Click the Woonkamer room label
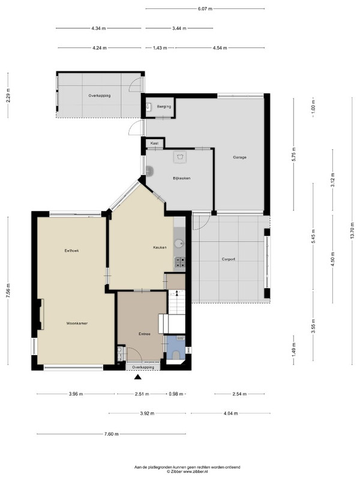click(x=77, y=323)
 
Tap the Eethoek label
click(x=71, y=250)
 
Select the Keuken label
click(x=160, y=247)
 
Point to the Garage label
click(x=239, y=157)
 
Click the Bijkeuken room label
click(x=182, y=178)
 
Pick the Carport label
click(x=229, y=259)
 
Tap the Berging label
click(x=164, y=107)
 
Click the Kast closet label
click(x=155, y=143)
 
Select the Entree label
click(x=145, y=334)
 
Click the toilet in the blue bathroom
click(x=176, y=355)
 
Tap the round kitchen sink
click(x=179, y=244)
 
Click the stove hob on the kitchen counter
click(x=179, y=262)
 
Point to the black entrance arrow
click(x=138, y=377)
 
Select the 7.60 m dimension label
click(x=112, y=434)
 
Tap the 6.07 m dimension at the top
click(x=205, y=8)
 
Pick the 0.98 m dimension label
click(x=176, y=394)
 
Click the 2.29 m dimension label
click(x=8, y=95)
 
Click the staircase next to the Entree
click(x=176, y=302)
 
